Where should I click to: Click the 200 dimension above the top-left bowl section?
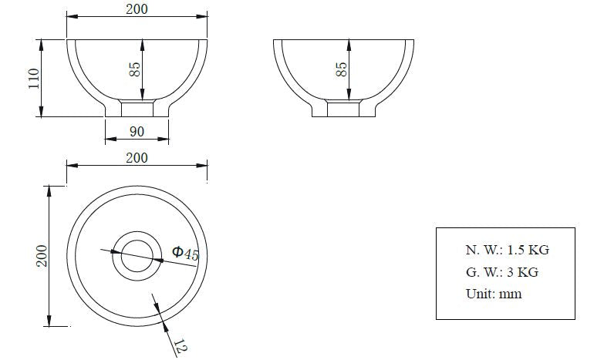pyautogui.click(x=137, y=8)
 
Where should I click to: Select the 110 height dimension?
pyautogui.click(x=32, y=78)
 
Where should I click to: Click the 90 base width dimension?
pyautogui.click(x=137, y=132)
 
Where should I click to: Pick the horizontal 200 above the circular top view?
pyautogui.click(x=137, y=157)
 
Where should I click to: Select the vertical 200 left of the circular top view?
pyautogui.click(x=42, y=255)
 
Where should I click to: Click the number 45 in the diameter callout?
pyautogui.click(x=191, y=254)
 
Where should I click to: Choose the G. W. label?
pyautogui.click(x=482, y=272)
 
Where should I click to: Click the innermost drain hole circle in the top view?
pyautogui.click(x=137, y=255)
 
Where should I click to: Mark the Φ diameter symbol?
pyautogui.click(x=177, y=251)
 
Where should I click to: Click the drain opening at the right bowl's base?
pyautogui.click(x=344, y=109)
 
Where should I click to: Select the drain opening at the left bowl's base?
pyautogui.click(x=137, y=109)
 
